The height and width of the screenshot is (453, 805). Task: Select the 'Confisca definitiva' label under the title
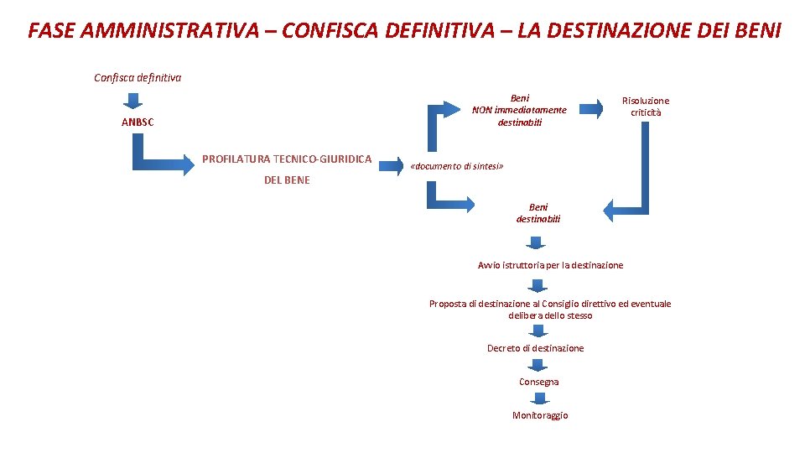coord(138,78)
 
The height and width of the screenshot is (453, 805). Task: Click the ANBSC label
coord(138,122)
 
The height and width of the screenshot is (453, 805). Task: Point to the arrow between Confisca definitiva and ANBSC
coord(133,101)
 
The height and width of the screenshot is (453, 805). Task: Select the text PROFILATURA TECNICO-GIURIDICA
coord(287,159)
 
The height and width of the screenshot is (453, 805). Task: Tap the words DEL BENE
coord(287,180)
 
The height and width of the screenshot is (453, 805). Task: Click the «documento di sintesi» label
coord(457,166)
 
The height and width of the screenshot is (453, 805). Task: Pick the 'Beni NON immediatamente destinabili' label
coord(519,110)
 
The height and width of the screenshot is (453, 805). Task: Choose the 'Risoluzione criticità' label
coord(645,106)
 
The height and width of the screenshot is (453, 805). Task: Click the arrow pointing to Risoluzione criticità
coord(592,107)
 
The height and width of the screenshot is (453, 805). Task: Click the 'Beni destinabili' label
coord(538,213)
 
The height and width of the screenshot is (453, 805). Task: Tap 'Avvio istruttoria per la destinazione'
coord(550,265)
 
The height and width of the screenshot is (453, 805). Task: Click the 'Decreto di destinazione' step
coord(535,348)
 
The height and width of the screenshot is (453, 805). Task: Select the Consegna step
coord(538,382)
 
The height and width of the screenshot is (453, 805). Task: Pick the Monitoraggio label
coord(540,415)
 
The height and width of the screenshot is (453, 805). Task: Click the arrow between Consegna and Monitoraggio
coord(538,398)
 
